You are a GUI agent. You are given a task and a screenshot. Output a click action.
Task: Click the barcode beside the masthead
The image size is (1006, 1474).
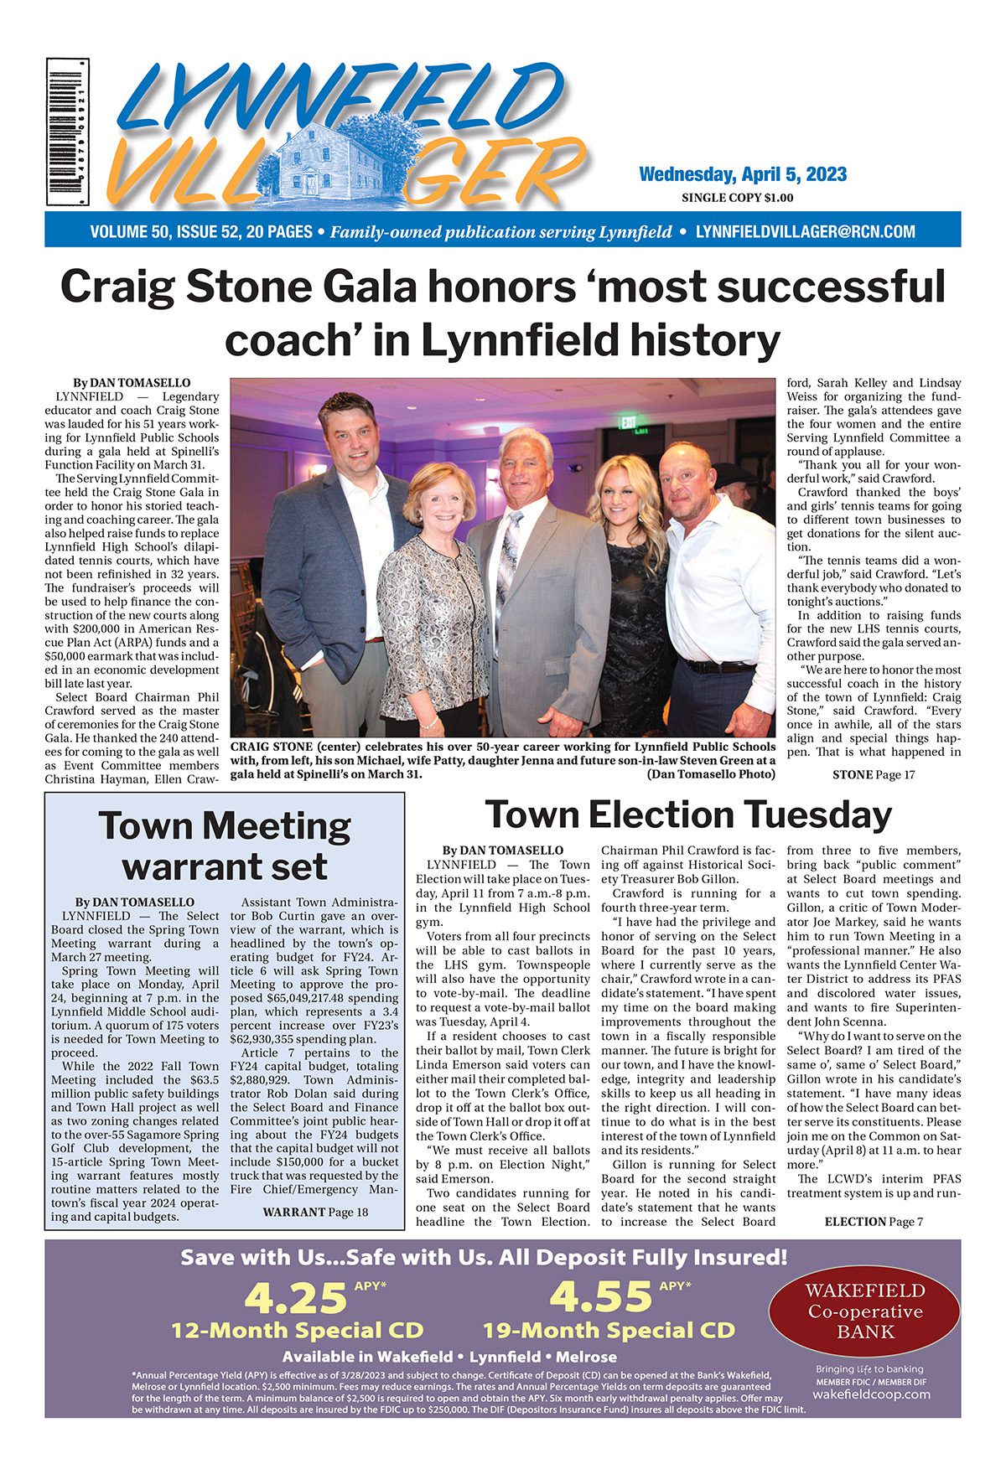(67, 132)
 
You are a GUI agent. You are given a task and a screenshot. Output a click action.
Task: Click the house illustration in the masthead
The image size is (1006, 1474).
(335, 159)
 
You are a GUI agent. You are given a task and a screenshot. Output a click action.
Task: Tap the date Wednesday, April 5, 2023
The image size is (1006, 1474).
(742, 174)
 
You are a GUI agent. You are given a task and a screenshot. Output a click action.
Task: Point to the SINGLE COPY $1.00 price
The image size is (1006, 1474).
(737, 199)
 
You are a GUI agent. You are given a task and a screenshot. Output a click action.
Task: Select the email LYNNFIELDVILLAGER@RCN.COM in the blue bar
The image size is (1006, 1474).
(806, 232)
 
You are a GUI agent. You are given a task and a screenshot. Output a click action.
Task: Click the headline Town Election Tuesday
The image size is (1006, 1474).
(688, 815)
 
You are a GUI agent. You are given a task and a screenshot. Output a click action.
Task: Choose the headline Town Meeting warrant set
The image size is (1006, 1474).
(225, 846)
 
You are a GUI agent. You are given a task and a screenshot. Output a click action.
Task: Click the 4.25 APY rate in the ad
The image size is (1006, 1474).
(295, 1297)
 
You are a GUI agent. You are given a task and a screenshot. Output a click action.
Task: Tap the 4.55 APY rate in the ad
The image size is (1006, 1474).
(600, 1297)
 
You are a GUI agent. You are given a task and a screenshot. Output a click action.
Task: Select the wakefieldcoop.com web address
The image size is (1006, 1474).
(871, 1394)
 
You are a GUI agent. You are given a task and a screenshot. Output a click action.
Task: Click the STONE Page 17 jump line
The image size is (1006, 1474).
(873, 774)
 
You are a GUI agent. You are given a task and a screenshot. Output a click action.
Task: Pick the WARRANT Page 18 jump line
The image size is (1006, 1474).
(314, 1212)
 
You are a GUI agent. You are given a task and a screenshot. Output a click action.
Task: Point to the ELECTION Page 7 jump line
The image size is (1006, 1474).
(874, 1222)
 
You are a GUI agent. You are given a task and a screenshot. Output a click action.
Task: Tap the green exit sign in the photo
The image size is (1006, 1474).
(629, 422)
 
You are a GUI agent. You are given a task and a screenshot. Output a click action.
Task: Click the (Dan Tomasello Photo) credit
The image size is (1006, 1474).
(711, 774)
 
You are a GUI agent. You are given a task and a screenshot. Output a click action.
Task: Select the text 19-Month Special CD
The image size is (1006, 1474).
(609, 1331)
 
